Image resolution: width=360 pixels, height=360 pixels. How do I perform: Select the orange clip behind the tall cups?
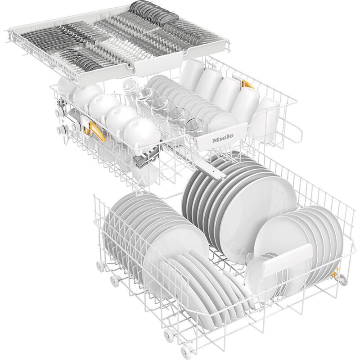[x=247, y=84]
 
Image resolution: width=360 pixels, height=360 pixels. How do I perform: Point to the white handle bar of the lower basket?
[x=287, y=261]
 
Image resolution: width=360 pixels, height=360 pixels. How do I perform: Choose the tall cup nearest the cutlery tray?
[x=191, y=72]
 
